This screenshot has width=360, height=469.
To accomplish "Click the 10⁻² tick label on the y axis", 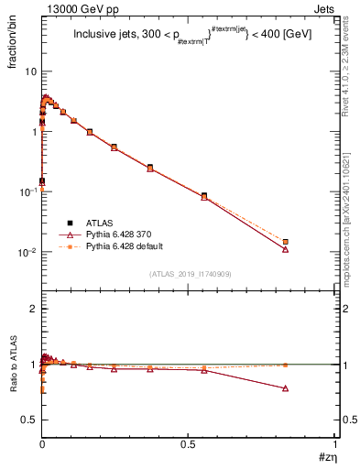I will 27,252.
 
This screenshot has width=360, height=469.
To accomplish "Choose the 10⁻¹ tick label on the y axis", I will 27,191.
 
